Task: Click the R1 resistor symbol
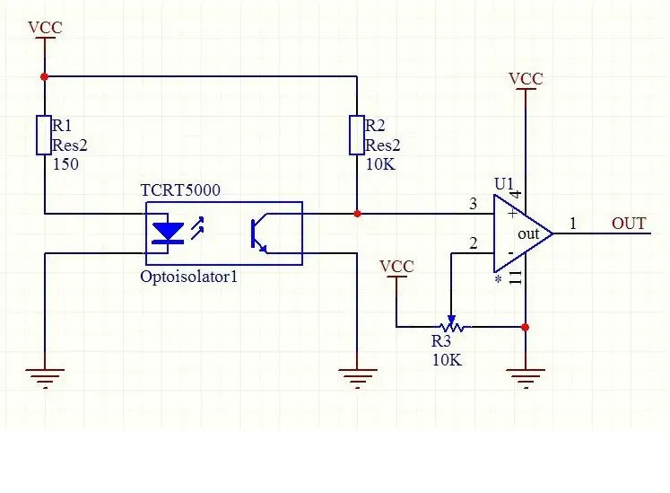[44, 135]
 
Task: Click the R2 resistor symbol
[357, 135]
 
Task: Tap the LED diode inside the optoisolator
[168, 233]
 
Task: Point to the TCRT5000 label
[180, 190]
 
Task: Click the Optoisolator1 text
[188, 277]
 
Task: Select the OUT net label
[629, 224]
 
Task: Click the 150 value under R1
[65, 164]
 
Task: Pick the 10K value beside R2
[380, 164]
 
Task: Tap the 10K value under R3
[447, 360]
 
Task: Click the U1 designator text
[503, 183]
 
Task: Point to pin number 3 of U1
[473, 204]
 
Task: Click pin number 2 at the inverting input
[473, 243]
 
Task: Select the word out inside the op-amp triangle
[528, 234]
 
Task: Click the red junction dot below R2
[357, 214]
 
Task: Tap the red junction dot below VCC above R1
[44, 76]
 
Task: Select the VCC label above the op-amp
[526, 79]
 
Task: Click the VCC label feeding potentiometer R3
[396, 266]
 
